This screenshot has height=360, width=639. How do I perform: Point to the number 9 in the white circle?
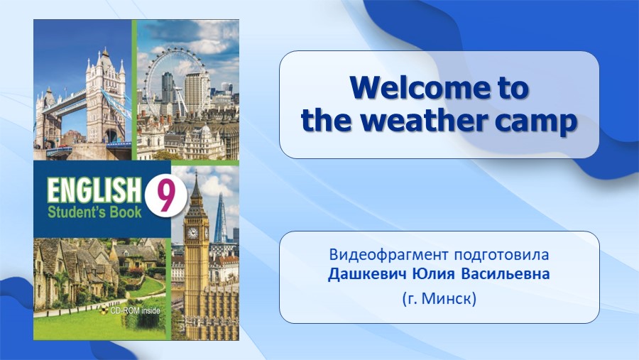pyautogui.click(x=165, y=196)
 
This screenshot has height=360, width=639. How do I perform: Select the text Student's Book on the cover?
pyautogui.click(x=94, y=212)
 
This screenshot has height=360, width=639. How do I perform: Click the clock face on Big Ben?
pyautogui.click(x=192, y=233)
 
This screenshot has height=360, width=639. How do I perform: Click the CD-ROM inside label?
pyautogui.click(x=136, y=311)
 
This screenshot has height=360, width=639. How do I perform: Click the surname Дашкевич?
pyautogui.click(x=367, y=274)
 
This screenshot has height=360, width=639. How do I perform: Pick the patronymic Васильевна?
pyautogui.click(x=506, y=273)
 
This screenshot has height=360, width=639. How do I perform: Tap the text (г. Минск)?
pyautogui.click(x=439, y=299)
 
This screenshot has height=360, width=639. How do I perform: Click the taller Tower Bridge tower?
pyautogui.click(x=105, y=96)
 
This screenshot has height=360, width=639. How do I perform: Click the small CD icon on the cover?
pyautogui.click(x=104, y=310)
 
